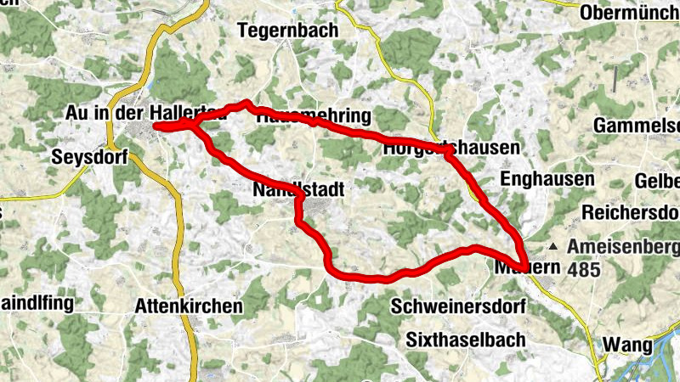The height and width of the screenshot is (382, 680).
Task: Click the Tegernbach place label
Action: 288,31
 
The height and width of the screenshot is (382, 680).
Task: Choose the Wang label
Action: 627,345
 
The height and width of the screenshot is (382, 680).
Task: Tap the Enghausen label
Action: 547,179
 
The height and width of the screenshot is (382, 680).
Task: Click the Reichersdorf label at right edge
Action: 631,211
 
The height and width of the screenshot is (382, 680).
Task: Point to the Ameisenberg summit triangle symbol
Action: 554,247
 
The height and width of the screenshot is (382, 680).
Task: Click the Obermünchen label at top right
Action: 630,14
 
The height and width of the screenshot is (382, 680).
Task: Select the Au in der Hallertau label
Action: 144,113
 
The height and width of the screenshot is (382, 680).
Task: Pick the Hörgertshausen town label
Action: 451,148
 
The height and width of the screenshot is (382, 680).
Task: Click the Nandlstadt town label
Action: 298,191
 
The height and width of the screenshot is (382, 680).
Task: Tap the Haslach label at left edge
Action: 3,212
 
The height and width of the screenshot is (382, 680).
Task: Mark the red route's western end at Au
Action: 156,126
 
